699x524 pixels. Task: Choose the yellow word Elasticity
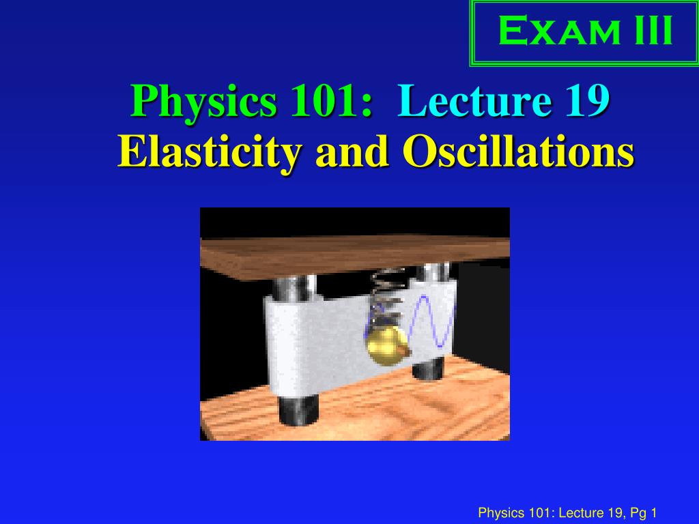pos(208,151)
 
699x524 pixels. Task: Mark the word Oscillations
pos(518,151)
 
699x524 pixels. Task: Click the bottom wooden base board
pos(355,409)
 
